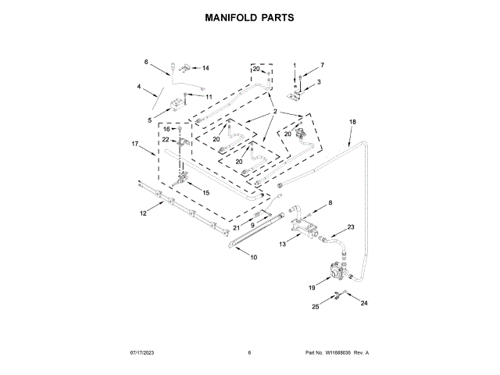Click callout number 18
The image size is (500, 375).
click(352, 122)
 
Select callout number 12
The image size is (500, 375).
click(143, 212)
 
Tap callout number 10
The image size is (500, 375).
click(253, 256)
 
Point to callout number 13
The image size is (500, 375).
click(282, 245)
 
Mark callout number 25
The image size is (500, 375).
click(316, 307)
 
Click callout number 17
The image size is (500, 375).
click(134, 144)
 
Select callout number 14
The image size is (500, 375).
click(206, 68)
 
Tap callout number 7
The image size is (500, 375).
click(321, 65)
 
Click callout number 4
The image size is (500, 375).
click(141, 87)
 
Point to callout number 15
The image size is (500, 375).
click(206, 192)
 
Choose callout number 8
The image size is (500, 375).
click(329, 203)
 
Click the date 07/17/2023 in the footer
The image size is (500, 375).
click(138, 352)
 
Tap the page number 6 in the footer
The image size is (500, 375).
click(249, 352)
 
